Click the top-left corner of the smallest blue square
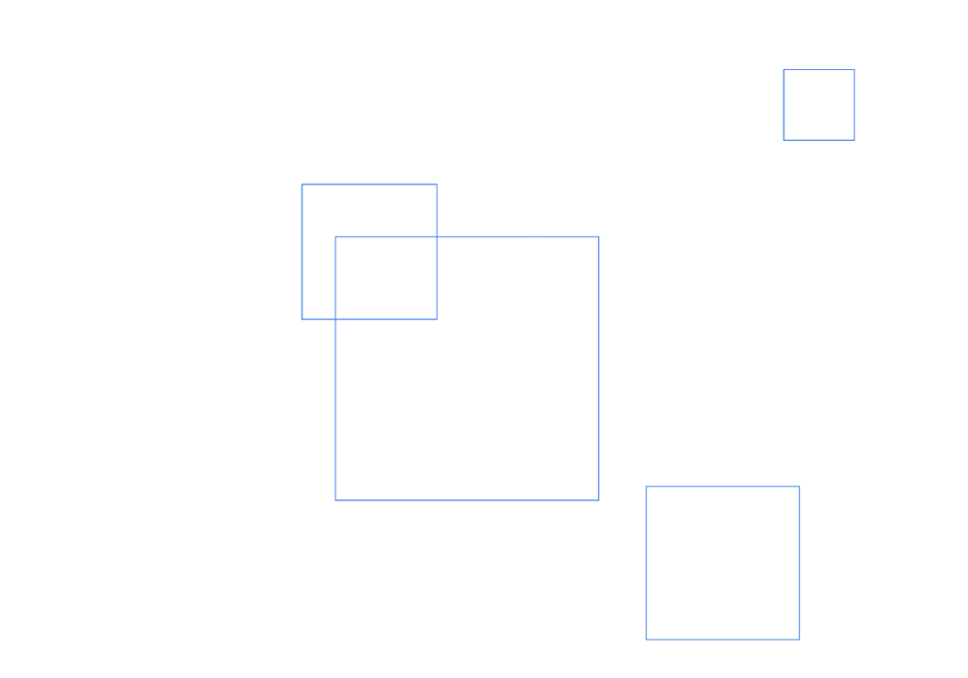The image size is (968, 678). tap(784, 70)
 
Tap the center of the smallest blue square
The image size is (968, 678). tap(819, 105)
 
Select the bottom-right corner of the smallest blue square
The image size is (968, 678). tap(855, 140)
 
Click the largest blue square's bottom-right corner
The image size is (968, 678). tap(598, 500)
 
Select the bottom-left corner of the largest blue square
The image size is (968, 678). tap(335, 500)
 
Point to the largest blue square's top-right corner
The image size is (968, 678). tap(598, 236)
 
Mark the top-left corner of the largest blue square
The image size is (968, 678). tap(335, 236)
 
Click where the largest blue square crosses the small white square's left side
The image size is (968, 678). tap(537, 236)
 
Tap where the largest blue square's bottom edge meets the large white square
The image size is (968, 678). tap(441, 500)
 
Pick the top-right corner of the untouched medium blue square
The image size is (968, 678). tap(800, 486)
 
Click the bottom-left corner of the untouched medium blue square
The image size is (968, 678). tap(647, 639)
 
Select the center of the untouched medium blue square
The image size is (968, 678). tap(723, 563)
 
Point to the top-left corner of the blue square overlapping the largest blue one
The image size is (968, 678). tap(302, 183)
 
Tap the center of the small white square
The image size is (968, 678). tap(640, 193)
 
